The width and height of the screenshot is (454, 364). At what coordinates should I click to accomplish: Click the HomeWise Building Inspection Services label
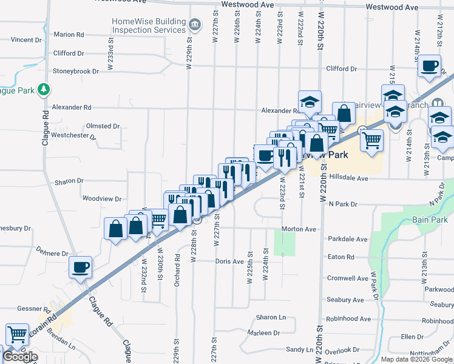click(149, 26)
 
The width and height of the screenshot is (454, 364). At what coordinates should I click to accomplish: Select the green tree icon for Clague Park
click(43, 90)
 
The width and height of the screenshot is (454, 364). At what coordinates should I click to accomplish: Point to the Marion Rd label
click(68, 35)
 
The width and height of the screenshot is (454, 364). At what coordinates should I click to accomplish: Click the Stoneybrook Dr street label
click(75, 71)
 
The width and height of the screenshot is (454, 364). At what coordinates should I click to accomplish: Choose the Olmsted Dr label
click(103, 126)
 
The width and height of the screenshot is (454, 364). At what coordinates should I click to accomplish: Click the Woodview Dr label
click(102, 198)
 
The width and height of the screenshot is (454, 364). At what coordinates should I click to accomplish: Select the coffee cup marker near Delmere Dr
click(81, 267)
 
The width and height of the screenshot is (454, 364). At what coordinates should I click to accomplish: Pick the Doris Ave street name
click(229, 261)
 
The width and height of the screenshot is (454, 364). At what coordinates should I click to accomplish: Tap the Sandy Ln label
click(300, 349)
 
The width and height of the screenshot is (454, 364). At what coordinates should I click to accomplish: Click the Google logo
click(21, 357)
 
